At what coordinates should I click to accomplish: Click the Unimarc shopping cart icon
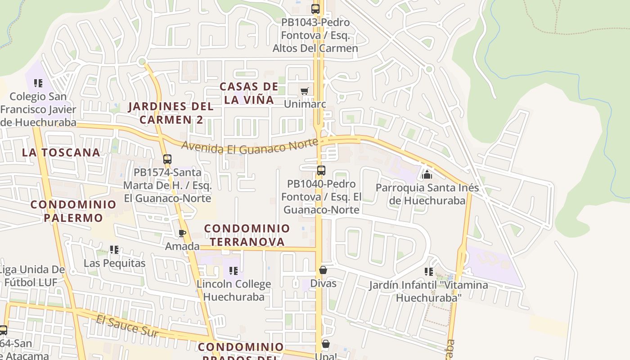[305, 91]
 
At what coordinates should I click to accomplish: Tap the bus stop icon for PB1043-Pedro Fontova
[315, 9]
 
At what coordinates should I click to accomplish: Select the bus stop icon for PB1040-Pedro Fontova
[321, 171]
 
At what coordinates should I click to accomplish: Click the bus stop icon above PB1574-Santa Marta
[167, 159]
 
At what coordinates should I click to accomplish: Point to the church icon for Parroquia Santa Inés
[427, 174]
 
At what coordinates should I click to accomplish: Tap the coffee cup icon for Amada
[182, 233]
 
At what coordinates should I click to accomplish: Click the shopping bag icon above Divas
[323, 270]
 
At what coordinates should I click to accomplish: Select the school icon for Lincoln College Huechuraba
[234, 271]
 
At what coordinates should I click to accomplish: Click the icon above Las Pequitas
[114, 250]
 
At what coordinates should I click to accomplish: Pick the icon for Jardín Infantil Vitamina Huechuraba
[429, 272]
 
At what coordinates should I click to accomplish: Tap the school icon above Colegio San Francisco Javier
[38, 83]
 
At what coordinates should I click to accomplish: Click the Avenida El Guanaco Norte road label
[250, 147]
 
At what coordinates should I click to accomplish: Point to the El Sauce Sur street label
[127, 326]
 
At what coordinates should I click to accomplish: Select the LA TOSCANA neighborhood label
[61, 153]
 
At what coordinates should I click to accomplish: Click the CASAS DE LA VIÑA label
[249, 93]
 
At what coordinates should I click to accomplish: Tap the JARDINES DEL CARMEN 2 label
[171, 113]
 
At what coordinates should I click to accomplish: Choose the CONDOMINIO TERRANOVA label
[247, 235]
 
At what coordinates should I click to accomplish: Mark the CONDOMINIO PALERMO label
[73, 211]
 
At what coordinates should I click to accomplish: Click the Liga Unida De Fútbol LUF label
[31, 276]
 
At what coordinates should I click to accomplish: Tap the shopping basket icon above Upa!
[326, 344]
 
